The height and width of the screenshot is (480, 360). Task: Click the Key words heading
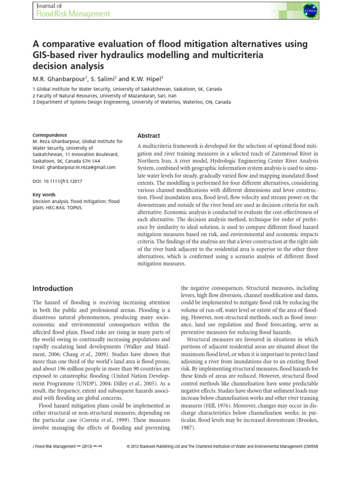(44, 194)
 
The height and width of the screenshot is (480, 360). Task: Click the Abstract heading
(148, 135)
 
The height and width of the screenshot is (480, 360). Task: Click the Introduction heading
(52, 289)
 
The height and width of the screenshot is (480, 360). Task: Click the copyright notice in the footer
(223, 447)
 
